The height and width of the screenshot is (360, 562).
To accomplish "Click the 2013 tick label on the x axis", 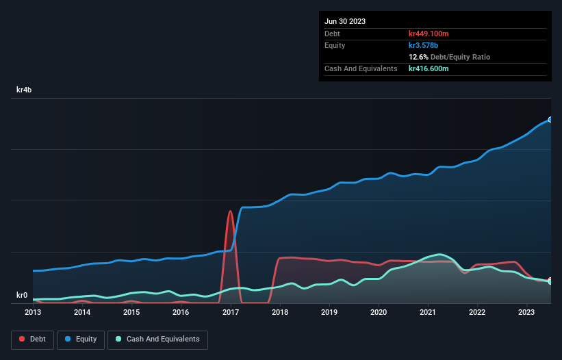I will pos(33,313).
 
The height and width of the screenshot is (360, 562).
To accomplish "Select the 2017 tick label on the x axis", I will pos(230,313).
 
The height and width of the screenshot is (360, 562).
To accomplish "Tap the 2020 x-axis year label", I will pos(379,313).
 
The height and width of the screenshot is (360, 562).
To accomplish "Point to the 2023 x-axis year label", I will pos(526,313).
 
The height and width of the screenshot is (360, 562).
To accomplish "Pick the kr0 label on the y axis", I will pos(22,296).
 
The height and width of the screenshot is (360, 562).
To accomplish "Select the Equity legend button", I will pos(81,339).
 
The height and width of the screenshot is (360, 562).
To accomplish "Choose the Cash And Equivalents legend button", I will pos(157,339).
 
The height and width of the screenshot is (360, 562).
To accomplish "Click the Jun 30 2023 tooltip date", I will pos(345,21).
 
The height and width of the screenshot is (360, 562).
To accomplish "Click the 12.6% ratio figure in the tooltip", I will pos(418,57).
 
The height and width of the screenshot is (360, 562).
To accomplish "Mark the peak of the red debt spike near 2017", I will pos(230,211).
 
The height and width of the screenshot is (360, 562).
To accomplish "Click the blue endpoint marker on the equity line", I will pos(550,120).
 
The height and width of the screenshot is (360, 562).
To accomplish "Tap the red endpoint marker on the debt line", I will pos(550,280).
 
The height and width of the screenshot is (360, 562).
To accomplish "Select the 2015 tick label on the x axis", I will pos(131,313).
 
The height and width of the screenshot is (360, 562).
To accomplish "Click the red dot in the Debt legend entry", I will pos(23,339).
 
